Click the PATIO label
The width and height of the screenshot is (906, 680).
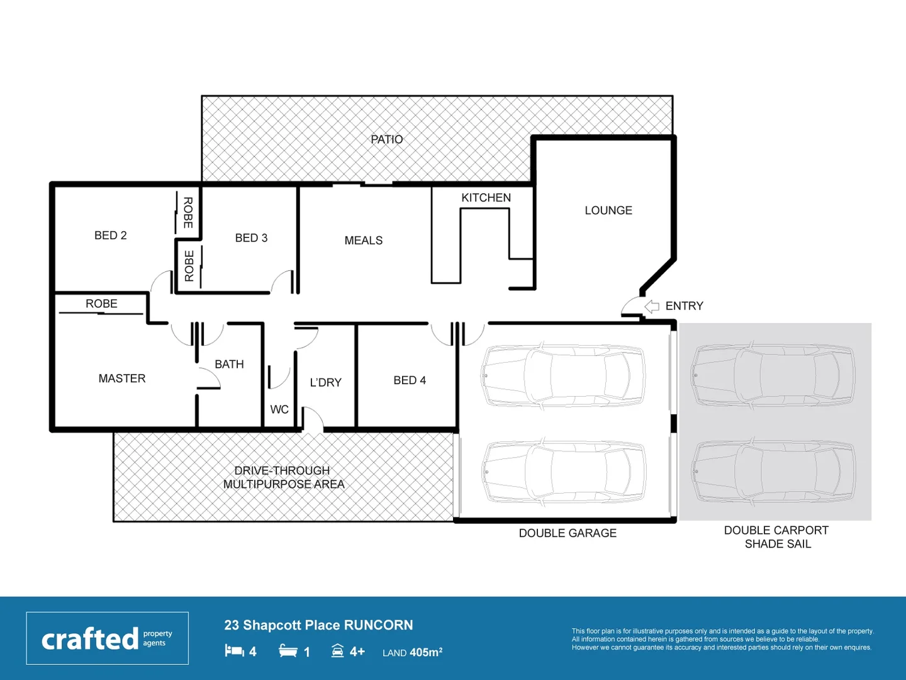386,139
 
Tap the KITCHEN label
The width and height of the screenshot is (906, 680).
486,198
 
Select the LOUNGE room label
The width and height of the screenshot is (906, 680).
608,210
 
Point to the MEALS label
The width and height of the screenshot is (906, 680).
363,241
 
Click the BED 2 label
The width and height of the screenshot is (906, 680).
110,235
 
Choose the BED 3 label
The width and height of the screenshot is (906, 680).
251,238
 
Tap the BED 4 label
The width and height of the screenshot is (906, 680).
410,380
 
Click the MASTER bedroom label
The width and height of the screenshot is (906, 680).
121,378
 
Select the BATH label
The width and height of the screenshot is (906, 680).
229,364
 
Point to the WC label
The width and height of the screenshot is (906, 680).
279,409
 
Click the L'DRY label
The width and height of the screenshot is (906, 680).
325,382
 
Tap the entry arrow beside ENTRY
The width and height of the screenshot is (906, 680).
652,307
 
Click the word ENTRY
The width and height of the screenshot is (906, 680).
684,306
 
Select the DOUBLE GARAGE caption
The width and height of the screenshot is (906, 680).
568,533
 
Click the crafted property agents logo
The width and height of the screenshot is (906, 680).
107,638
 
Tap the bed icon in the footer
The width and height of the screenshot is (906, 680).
234,650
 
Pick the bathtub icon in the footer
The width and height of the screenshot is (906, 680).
288,650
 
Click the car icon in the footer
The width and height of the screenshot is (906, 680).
338,650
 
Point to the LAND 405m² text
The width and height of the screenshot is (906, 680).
412,652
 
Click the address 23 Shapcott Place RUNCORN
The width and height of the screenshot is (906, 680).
318,625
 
